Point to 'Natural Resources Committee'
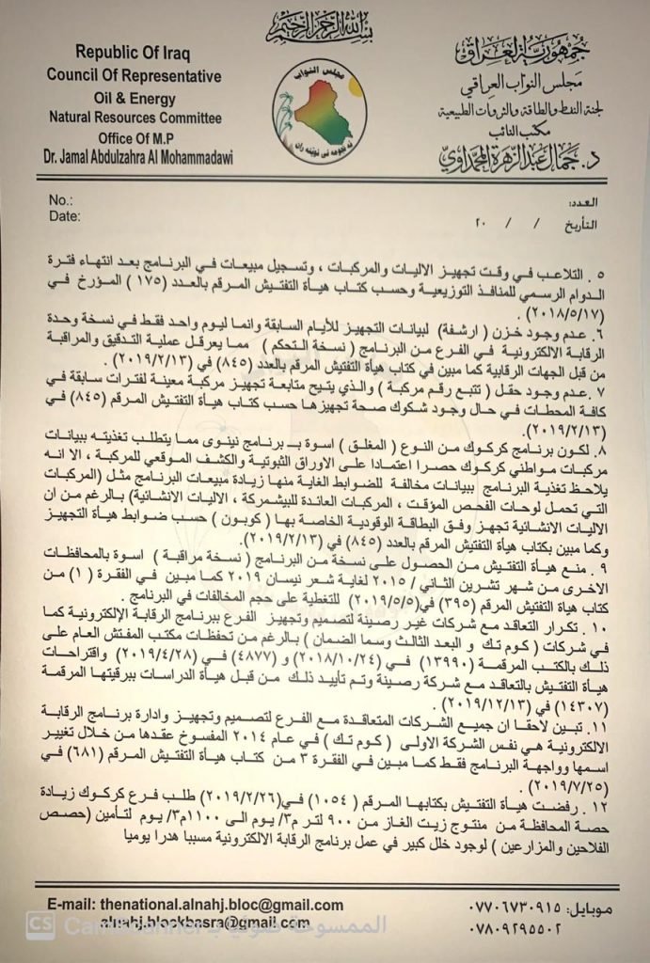(x=135, y=118)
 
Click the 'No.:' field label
(x=58, y=200)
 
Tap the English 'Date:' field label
(x=63, y=216)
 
